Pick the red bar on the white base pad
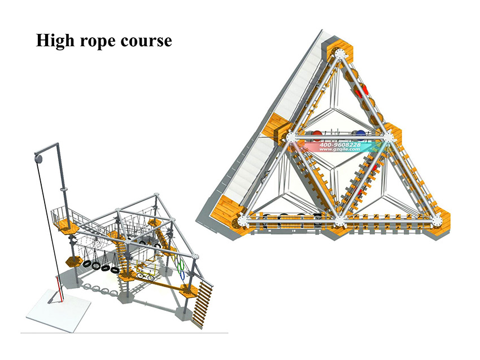(x=58, y=288)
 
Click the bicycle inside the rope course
(x=145, y=276)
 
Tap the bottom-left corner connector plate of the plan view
(x=242, y=221)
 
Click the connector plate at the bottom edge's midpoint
(x=339, y=221)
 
